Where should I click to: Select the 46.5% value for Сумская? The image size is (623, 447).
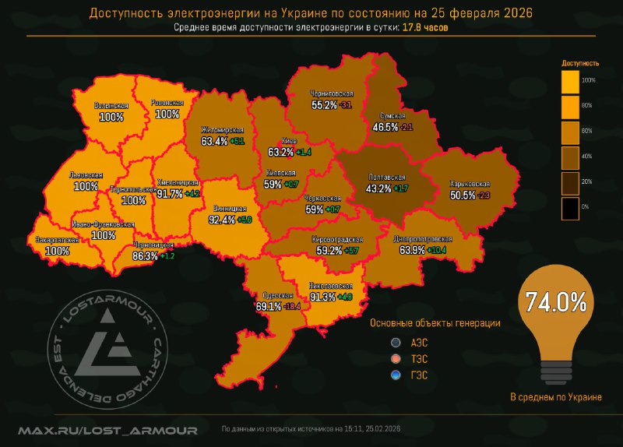pyautogui.click(x=386, y=126)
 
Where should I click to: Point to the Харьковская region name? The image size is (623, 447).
pyautogui.click(x=470, y=185)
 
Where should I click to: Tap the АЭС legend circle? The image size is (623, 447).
pyautogui.click(x=396, y=342)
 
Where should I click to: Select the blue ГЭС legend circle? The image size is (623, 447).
pyautogui.click(x=396, y=375)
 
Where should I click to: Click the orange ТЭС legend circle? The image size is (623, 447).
pyautogui.click(x=396, y=359)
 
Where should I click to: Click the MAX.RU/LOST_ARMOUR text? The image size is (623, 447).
pyautogui.click(x=108, y=429)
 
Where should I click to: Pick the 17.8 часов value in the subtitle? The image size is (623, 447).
pyautogui.click(x=424, y=27)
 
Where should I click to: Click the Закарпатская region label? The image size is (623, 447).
pyautogui.click(x=57, y=241)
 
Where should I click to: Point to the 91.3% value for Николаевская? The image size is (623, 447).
pyautogui.click(x=323, y=297)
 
